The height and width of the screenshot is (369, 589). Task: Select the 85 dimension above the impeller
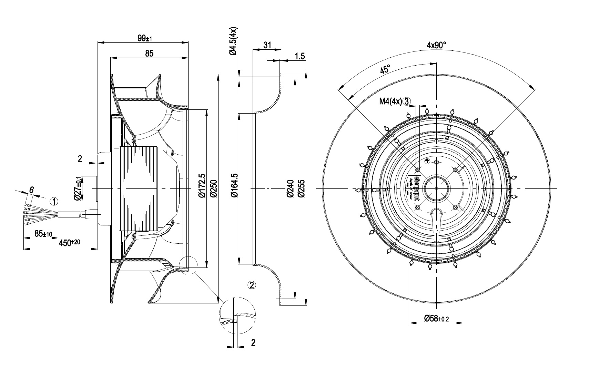[149, 54]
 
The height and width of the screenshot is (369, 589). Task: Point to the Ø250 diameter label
[214, 188]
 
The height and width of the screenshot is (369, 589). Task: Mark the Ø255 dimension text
[302, 188]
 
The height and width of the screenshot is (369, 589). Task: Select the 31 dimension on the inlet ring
[267, 45]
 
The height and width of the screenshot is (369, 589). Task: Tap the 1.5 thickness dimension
[300, 56]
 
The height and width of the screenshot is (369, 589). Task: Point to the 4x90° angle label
[436, 45]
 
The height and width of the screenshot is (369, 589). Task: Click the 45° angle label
[385, 69]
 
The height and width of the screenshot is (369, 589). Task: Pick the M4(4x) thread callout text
[390, 101]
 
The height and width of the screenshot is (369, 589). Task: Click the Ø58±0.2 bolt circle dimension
[436, 318]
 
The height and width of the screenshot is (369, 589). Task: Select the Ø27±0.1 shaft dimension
[78, 188]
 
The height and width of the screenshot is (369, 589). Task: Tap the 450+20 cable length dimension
[69, 243]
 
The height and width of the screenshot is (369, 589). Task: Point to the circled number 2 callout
[252, 285]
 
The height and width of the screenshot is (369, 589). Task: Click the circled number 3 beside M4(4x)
[407, 101]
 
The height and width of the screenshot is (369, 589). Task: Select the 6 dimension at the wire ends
[31, 190]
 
